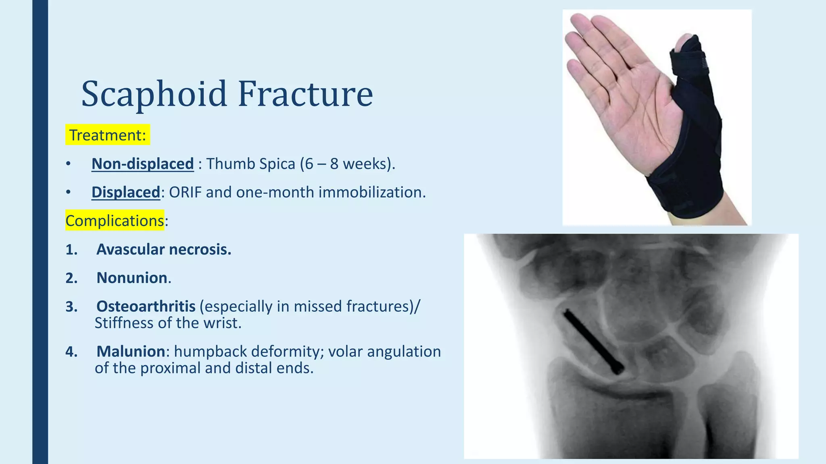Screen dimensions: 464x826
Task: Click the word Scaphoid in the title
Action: (x=154, y=94)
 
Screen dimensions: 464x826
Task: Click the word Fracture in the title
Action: (x=305, y=94)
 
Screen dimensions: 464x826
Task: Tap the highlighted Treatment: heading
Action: (x=107, y=135)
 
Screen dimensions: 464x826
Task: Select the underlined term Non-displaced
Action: (x=142, y=164)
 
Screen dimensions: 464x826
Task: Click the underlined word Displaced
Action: (x=126, y=193)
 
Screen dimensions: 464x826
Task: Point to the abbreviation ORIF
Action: (x=185, y=193)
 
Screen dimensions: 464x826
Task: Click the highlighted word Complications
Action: (x=115, y=221)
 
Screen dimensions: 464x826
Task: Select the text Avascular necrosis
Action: (x=164, y=250)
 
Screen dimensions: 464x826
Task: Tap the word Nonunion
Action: (x=132, y=278)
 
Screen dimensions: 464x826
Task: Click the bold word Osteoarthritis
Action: (x=146, y=307)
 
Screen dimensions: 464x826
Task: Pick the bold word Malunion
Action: (x=131, y=352)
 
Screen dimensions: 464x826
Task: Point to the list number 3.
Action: (x=71, y=307)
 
